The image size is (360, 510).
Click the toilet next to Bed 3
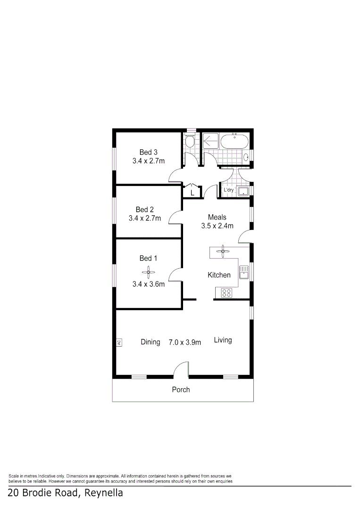[x=189, y=141]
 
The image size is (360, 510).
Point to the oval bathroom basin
[x=247, y=158]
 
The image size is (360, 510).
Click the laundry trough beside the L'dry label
[x=243, y=191]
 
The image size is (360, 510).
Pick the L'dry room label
[x=229, y=190]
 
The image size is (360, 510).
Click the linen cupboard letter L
[x=192, y=193]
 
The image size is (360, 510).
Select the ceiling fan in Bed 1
[x=148, y=271]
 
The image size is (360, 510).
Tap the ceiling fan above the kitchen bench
[x=222, y=251]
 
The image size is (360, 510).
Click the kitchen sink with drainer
[x=244, y=272]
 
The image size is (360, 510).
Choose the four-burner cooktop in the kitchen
[x=226, y=293]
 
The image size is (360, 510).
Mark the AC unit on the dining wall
[x=119, y=343]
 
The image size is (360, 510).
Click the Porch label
[x=181, y=390]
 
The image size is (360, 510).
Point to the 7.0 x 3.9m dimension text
[x=185, y=342]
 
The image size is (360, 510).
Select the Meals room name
[x=217, y=218]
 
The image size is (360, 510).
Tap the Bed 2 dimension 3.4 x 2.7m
[x=145, y=218]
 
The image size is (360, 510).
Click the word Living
[x=223, y=340]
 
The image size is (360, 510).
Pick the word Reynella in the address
[x=102, y=493]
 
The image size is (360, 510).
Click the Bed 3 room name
[x=148, y=152]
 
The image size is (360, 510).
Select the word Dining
[x=151, y=342]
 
